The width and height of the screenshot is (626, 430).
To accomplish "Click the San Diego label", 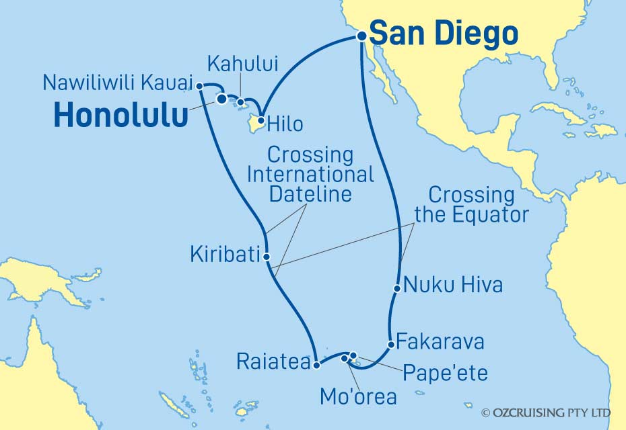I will coord(444,33).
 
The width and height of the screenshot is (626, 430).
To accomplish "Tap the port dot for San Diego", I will coord(361,37).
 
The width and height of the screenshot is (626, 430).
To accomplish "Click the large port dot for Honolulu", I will coord(221,99).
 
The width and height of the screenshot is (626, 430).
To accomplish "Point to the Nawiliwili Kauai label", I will coord(116,83).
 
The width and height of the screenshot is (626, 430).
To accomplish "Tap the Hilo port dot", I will coord(261,115).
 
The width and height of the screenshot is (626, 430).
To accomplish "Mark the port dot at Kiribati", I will coord(267,256).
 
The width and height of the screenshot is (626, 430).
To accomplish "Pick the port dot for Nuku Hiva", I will coord(397,289).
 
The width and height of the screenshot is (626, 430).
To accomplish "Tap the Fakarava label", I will coord(440,341).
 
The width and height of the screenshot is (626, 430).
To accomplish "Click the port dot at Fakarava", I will coord(390,345).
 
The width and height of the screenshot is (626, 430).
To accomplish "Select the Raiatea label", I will coord(273,362).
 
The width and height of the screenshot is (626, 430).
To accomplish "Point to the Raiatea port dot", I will coord(316,365).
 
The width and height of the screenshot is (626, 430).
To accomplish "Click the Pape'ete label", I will coord(444,372).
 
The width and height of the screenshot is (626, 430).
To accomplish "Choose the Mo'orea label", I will coord(359,396).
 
